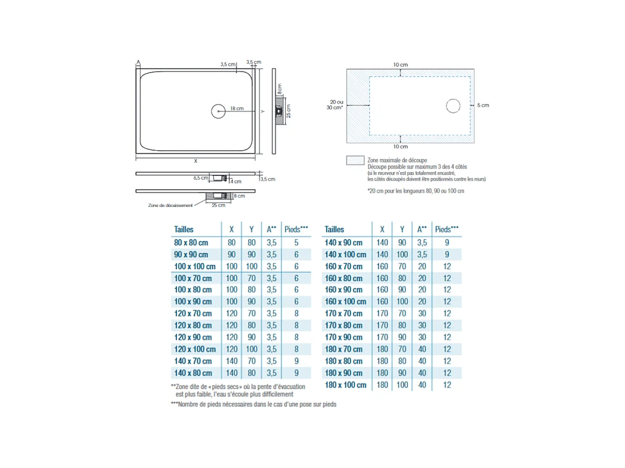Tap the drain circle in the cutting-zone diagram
(x=453, y=106)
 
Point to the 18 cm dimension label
(x=237, y=108)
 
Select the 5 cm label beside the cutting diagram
(x=483, y=105)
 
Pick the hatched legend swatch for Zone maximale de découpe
(x=355, y=161)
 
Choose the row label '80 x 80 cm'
(x=191, y=242)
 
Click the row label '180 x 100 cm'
(x=345, y=385)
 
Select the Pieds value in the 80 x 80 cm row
(x=296, y=242)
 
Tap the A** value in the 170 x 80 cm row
(x=422, y=326)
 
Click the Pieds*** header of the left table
(x=296, y=229)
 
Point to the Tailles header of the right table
(x=335, y=229)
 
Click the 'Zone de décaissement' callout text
(x=170, y=205)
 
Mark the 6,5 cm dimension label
(x=201, y=178)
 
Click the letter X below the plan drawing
(x=196, y=161)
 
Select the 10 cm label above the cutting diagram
(x=400, y=65)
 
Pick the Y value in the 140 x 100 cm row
(x=402, y=254)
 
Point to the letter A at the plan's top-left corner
(x=138, y=62)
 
